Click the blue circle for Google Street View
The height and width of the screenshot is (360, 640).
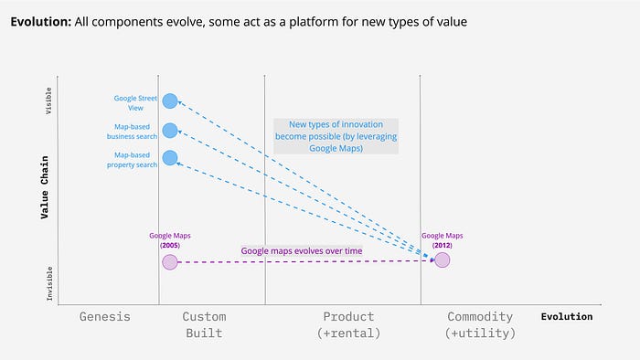click(x=170, y=101)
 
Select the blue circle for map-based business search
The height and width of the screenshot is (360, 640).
click(x=170, y=131)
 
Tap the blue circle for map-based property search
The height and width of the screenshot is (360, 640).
click(x=170, y=158)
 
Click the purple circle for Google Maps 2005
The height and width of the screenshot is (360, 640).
click(x=170, y=262)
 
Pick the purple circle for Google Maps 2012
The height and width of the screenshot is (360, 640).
click(x=442, y=259)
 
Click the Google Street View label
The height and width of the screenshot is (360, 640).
click(x=135, y=103)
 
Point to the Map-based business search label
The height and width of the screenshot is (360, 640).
click(x=132, y=132)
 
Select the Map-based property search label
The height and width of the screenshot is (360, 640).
click(x=132, y=160)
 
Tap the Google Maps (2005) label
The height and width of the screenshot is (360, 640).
click(x=170, y=240)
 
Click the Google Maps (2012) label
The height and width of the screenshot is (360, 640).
click(x=442, y=240)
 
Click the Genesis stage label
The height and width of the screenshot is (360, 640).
click(x=105, y=316)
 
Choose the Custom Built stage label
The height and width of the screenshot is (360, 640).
click(x=204, y=324)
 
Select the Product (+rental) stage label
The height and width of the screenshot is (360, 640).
click(x=348, y=324)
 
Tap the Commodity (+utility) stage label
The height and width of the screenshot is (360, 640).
click(x=480, y=324)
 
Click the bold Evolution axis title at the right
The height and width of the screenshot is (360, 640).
click(x=567, y=316)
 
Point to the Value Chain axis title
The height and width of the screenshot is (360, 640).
click(x=45, y=187)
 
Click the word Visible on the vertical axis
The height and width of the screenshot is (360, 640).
click(x=48, y=101)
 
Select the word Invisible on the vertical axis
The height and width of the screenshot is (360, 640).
click(x=49, y=283)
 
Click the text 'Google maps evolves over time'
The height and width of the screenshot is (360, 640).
click(x=302, y=250)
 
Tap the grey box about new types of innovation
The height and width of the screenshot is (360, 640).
click(x=336, y=136)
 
